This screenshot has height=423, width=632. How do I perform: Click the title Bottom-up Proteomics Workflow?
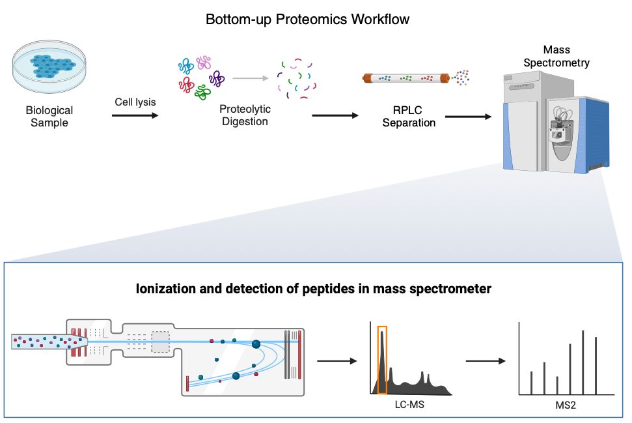tap(307, 19)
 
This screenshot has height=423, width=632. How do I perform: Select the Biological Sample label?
tap(49, 116)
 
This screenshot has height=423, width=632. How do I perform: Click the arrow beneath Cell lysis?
tap(135, 116)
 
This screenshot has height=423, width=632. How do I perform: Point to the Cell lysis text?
tap(135, 102)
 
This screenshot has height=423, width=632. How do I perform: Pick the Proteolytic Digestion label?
tap(245, 115)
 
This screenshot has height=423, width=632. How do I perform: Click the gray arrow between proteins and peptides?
tap(251, 77)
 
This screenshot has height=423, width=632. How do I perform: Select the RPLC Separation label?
tap(409, 116)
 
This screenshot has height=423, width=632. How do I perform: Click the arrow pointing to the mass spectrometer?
tap(467, 117)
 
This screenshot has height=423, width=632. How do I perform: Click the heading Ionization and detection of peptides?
tap(314, 288)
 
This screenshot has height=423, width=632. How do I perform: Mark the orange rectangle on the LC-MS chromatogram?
tap(382, 360)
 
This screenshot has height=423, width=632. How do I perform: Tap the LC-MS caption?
tap(411, 405)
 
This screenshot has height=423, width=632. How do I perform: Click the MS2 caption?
tap(566, 406)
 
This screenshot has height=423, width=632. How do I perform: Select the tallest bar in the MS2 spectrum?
tap(583, 362)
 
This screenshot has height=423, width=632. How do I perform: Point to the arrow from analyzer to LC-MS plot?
tap(337, 360)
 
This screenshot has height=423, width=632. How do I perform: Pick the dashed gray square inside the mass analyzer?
tap(160, 342)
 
